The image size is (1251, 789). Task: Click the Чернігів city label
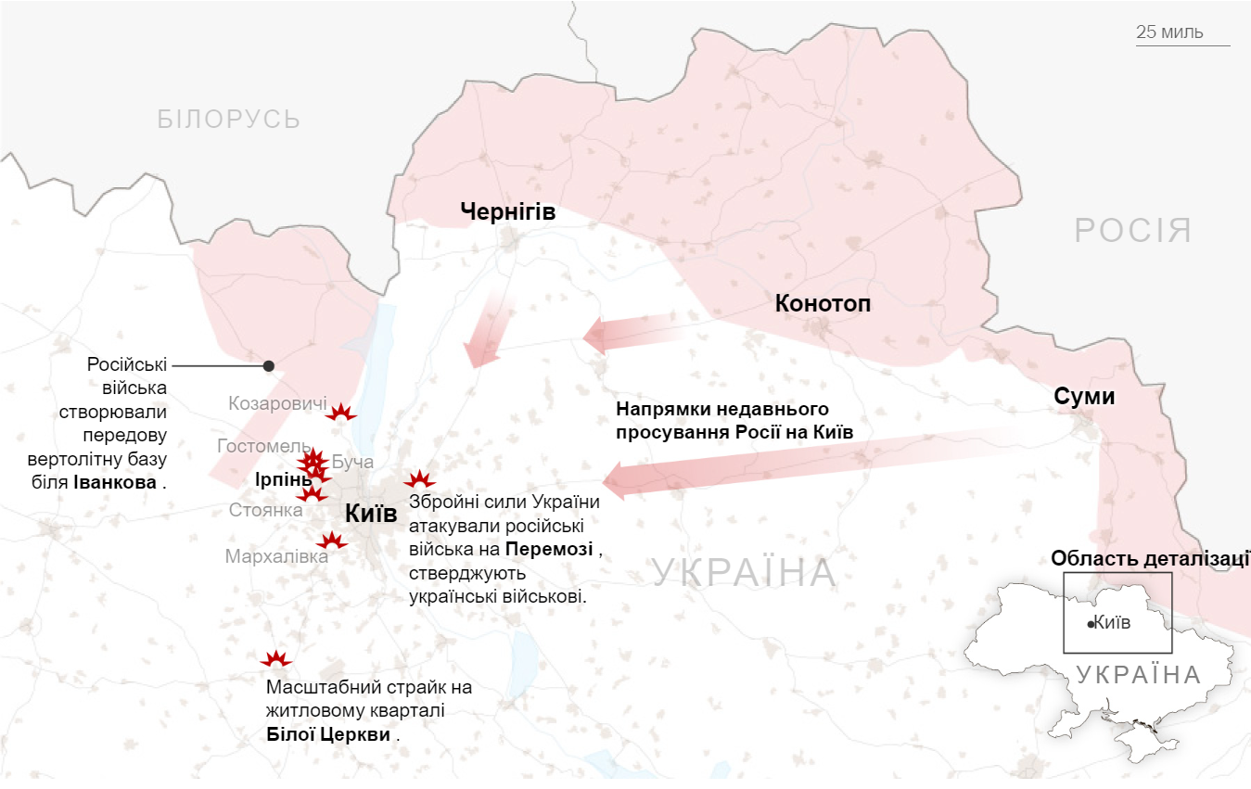click(507, 212)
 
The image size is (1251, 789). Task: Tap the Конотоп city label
click(823, 304)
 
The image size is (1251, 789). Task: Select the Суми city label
click(1084, 397)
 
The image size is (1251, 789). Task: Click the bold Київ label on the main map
click(370, 514)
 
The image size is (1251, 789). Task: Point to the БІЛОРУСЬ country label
click(228, 119)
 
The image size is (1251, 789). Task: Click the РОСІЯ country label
click(1133, 230)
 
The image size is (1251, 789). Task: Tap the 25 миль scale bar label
click(1169, 32)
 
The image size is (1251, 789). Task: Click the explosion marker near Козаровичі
click(341, 413)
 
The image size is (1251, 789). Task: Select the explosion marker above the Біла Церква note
click(276, 659)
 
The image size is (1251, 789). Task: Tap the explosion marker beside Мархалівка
click(331, 540)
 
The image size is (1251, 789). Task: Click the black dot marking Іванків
click(269, 365)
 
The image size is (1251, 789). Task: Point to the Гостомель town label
click(258, 446)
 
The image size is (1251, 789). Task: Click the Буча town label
click(352, 461)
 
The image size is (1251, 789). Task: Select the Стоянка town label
click(265, 510)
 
